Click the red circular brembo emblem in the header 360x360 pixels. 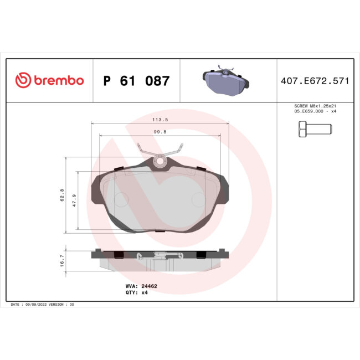(x=23, y=81)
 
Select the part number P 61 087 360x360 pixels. (x=137, y=81)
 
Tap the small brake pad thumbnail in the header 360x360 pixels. (x=224, y=81)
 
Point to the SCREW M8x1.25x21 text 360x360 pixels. (x=314, y=106)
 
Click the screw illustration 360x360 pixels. (x=311, y=130)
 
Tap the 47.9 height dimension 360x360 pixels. (x=74, y=200)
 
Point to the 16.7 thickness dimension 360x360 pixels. (x=62, y=260)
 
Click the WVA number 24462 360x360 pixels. (x=150, y=286)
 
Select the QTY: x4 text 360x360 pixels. (x=137, y=292)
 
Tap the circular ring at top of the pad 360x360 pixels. (x=160, y=162)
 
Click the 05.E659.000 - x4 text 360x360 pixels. (x=314, y=111)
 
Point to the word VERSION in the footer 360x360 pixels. (x=57, y=305)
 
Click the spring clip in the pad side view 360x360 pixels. (x=160, y=255)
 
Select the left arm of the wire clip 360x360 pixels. (x=142, y=150)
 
